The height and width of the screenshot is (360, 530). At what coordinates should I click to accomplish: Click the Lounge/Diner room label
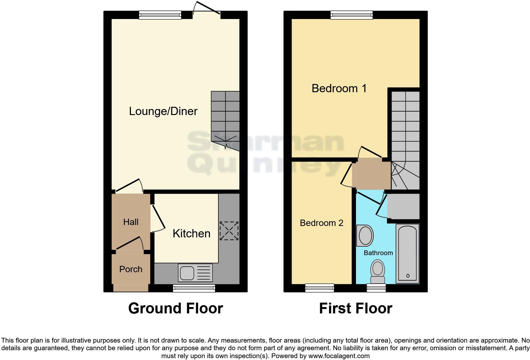[x=163, y=111]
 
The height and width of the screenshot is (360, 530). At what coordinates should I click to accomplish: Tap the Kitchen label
[x=191, y=234]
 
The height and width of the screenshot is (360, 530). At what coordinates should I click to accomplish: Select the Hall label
[x=131, y=222]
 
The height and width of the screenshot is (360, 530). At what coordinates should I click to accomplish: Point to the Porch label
[x=131, y=269]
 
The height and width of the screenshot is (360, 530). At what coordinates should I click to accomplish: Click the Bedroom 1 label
[x=339, y=88]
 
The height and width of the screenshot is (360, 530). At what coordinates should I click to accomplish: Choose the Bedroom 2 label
[x=321, y=223]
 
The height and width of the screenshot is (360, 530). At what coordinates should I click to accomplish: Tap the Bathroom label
[x=378, y=253]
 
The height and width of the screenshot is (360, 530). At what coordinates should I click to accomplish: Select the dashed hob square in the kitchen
[x=229, y=231]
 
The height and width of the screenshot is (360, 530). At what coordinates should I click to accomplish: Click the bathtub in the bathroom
[x=408, y=253]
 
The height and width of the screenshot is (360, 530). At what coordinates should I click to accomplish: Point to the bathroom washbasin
[x=365, y=235]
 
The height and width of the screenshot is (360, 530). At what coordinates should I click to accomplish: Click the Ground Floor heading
[x=176, y=308]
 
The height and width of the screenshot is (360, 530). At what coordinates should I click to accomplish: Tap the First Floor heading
[x=356, y=308]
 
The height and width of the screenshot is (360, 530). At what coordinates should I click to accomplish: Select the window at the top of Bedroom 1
[x=352, y=15]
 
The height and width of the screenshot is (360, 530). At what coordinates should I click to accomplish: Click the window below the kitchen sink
[x=194, y=288]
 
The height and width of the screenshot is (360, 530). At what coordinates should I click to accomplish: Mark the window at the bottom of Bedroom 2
[x=320, y=288]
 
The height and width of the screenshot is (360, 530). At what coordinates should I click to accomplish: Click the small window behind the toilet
[x=376, y=288]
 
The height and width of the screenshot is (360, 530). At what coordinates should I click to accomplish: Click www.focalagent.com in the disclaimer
[x=339, y=356]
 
